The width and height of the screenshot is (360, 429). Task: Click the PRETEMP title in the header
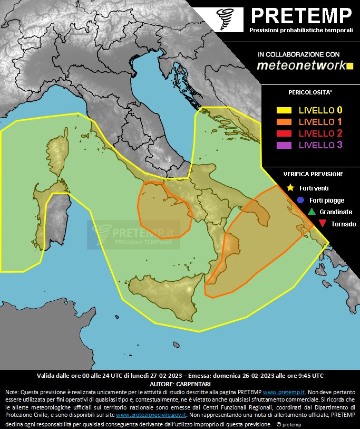(x=301, y=16)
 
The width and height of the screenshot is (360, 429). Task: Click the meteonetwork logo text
(x=301, y=65)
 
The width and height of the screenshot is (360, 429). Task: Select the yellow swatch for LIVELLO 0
(x=284, y=111)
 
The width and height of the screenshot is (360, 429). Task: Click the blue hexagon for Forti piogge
(x=300, y=200)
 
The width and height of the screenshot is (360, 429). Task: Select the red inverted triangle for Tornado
(x=322, y=224)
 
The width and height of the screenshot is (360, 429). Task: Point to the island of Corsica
(x=57, y=159)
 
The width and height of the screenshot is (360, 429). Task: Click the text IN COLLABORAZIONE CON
(x=298, y=54)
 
